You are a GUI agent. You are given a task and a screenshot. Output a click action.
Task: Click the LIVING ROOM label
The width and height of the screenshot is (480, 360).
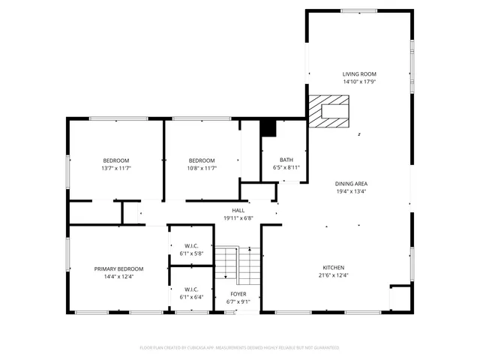[x=359, y=74]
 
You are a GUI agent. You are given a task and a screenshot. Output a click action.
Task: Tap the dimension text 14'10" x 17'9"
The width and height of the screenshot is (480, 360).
[x=359, y=82]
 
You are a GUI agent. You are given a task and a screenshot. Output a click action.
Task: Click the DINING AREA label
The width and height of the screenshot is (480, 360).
[x=351, y=184]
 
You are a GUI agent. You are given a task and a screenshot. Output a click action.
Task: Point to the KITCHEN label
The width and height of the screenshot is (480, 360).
[x=333, y=268]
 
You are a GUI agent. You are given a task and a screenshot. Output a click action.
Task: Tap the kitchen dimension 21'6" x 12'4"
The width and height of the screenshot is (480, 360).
[x=333, y=275]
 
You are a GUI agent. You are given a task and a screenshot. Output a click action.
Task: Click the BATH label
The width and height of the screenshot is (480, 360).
[x=286, y=160]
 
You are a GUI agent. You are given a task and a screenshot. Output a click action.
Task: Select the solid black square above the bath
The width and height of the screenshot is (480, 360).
[x=268, y=128]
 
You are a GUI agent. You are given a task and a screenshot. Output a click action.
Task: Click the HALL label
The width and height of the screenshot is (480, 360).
[x=238, y=211]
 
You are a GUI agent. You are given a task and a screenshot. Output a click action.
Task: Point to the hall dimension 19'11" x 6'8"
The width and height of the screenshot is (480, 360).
[x=238, y=218]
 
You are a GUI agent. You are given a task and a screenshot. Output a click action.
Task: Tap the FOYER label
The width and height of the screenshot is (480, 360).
[x=238, y=295]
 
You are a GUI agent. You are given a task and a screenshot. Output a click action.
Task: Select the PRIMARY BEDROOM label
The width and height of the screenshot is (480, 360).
[x=118, y=268]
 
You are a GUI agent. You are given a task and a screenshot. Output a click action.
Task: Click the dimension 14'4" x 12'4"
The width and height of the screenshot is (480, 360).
[x=118, y=277]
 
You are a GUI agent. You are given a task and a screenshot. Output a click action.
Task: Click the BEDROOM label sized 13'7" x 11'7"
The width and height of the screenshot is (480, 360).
[x=116, y=160]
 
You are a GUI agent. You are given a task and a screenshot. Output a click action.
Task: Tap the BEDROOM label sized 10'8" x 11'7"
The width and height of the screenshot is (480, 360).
[x=202, y=160]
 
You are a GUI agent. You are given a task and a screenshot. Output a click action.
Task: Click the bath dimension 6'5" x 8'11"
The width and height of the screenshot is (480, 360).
[x=286, y=168]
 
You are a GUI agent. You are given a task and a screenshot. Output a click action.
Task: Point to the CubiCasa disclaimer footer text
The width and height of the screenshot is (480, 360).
[x=240, y=348]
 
